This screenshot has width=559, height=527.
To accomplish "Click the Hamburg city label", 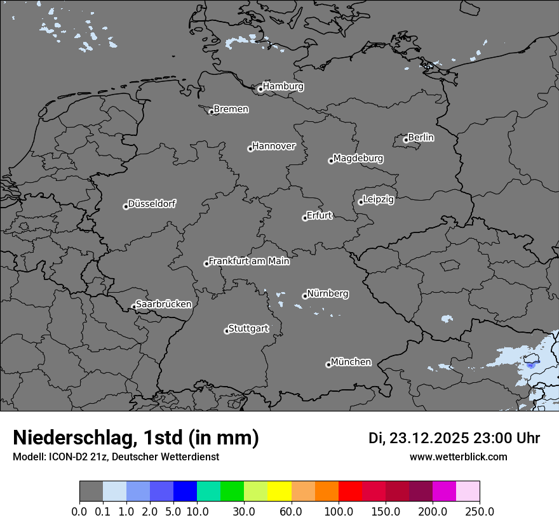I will [x=283, y=86].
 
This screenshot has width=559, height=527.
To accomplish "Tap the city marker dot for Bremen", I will [x=212, y=112].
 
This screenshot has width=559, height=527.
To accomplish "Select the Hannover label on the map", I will [x=274, y=146].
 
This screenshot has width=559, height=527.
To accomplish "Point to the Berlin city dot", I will [x=406, y=140].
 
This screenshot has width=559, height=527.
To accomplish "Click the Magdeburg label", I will [x=358, y=158].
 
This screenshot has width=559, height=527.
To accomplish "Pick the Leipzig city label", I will [x=379, y=199].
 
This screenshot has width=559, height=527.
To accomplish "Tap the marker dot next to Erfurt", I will [x=305, y=218].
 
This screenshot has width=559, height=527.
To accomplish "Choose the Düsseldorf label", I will [x=152, y=204].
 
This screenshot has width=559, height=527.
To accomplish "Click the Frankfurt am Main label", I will [x=249, y=261].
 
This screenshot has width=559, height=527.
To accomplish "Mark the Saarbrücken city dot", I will [x=134, y=307].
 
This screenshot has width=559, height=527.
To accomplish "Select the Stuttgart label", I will [x=248, y=328].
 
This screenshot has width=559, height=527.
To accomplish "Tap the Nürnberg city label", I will [x=328, y=294].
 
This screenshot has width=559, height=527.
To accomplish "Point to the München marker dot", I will [x=328, y=364].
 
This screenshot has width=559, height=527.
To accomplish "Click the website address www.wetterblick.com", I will [x=458, y=457].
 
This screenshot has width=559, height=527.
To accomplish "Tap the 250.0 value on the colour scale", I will [x=480, y=512].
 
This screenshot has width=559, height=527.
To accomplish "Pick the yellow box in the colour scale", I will [x=279, y=491].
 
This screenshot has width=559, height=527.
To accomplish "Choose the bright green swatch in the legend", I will [x=232, y=491].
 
